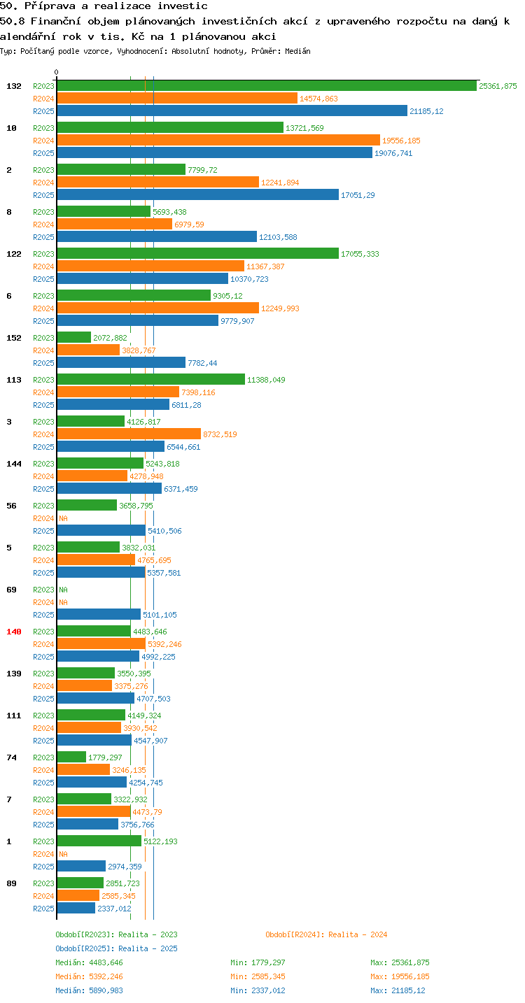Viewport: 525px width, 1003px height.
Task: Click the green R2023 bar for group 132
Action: click(x=267, y=86)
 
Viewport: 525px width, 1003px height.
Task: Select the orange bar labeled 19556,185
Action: click(x=218, y=141)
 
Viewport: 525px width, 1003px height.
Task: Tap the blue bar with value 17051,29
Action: click(x=198, y=194)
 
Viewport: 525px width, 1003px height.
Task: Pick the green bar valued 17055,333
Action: click(x=198, y=254)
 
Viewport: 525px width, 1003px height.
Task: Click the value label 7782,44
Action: click(x=202, y=363)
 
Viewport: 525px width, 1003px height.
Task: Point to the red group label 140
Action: click(x=14, y=632)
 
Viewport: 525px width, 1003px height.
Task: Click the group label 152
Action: click(x=14, y=338)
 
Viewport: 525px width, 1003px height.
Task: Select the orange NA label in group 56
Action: click(x=63, y=518)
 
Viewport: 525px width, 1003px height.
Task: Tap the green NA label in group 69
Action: click(x=63, y=590)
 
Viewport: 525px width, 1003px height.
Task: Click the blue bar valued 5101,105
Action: click(x=99, y=615)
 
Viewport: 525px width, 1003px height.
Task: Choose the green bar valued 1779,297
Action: click(x=71, y=757)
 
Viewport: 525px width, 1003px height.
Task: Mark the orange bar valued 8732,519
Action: click(x=129, y=434)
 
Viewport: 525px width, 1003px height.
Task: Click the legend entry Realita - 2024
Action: click(x=327, y=934)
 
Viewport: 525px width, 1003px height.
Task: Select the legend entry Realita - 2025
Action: click(x=116, y=948)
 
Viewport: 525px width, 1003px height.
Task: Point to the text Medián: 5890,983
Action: click(x=89, y=990)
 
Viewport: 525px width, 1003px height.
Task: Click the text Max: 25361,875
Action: click(x=400, y=962)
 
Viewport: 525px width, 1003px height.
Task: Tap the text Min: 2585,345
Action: click(x=258, y=976)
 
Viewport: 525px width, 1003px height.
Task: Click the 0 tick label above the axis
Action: click(x=57, y=72)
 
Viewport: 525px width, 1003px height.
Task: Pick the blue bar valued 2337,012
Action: click(x=76, y=909)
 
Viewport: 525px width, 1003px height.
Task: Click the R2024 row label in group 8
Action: click(x=43, y=225)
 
